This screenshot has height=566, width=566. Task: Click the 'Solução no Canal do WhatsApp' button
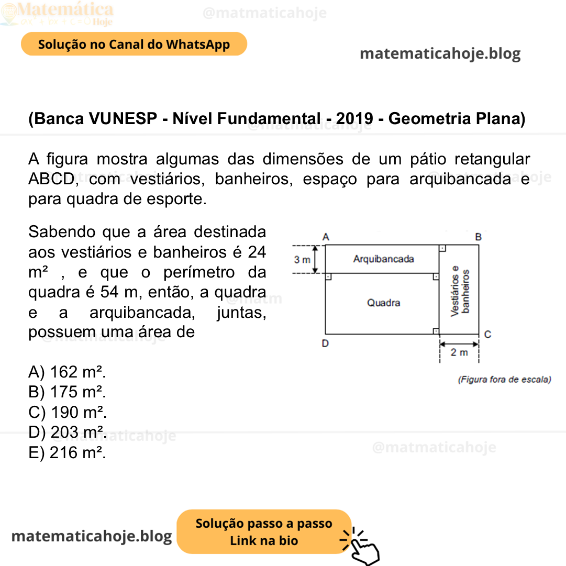tap(134, 45)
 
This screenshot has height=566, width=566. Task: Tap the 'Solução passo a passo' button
tap(264, 531)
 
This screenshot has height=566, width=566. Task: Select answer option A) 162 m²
tap(67, 372)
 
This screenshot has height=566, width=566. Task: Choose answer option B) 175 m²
tap(67, 392)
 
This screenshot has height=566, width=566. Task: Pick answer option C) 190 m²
tap(67, 412)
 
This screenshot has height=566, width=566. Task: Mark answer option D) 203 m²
tap(67, 432)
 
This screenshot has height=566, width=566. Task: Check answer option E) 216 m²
tap(67, 452)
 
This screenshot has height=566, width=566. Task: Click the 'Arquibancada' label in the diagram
tap(383, 259)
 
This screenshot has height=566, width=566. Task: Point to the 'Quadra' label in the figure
tap(383, 303)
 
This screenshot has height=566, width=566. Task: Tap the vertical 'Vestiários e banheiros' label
tap(459, 291)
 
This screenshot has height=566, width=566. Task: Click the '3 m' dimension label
tap(302, 260)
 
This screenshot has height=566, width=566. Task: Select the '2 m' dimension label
tap(459, 352)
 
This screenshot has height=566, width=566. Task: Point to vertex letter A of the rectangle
tap(326, 237)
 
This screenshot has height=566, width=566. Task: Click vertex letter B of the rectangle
tap(478, 237)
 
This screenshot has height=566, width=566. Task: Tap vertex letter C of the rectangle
tap(487, 334)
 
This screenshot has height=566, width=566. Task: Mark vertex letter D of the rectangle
tap(326, 344)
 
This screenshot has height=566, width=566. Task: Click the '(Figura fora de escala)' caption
tap(504, 380)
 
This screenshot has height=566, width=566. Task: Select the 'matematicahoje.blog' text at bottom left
tap(92, 536)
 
